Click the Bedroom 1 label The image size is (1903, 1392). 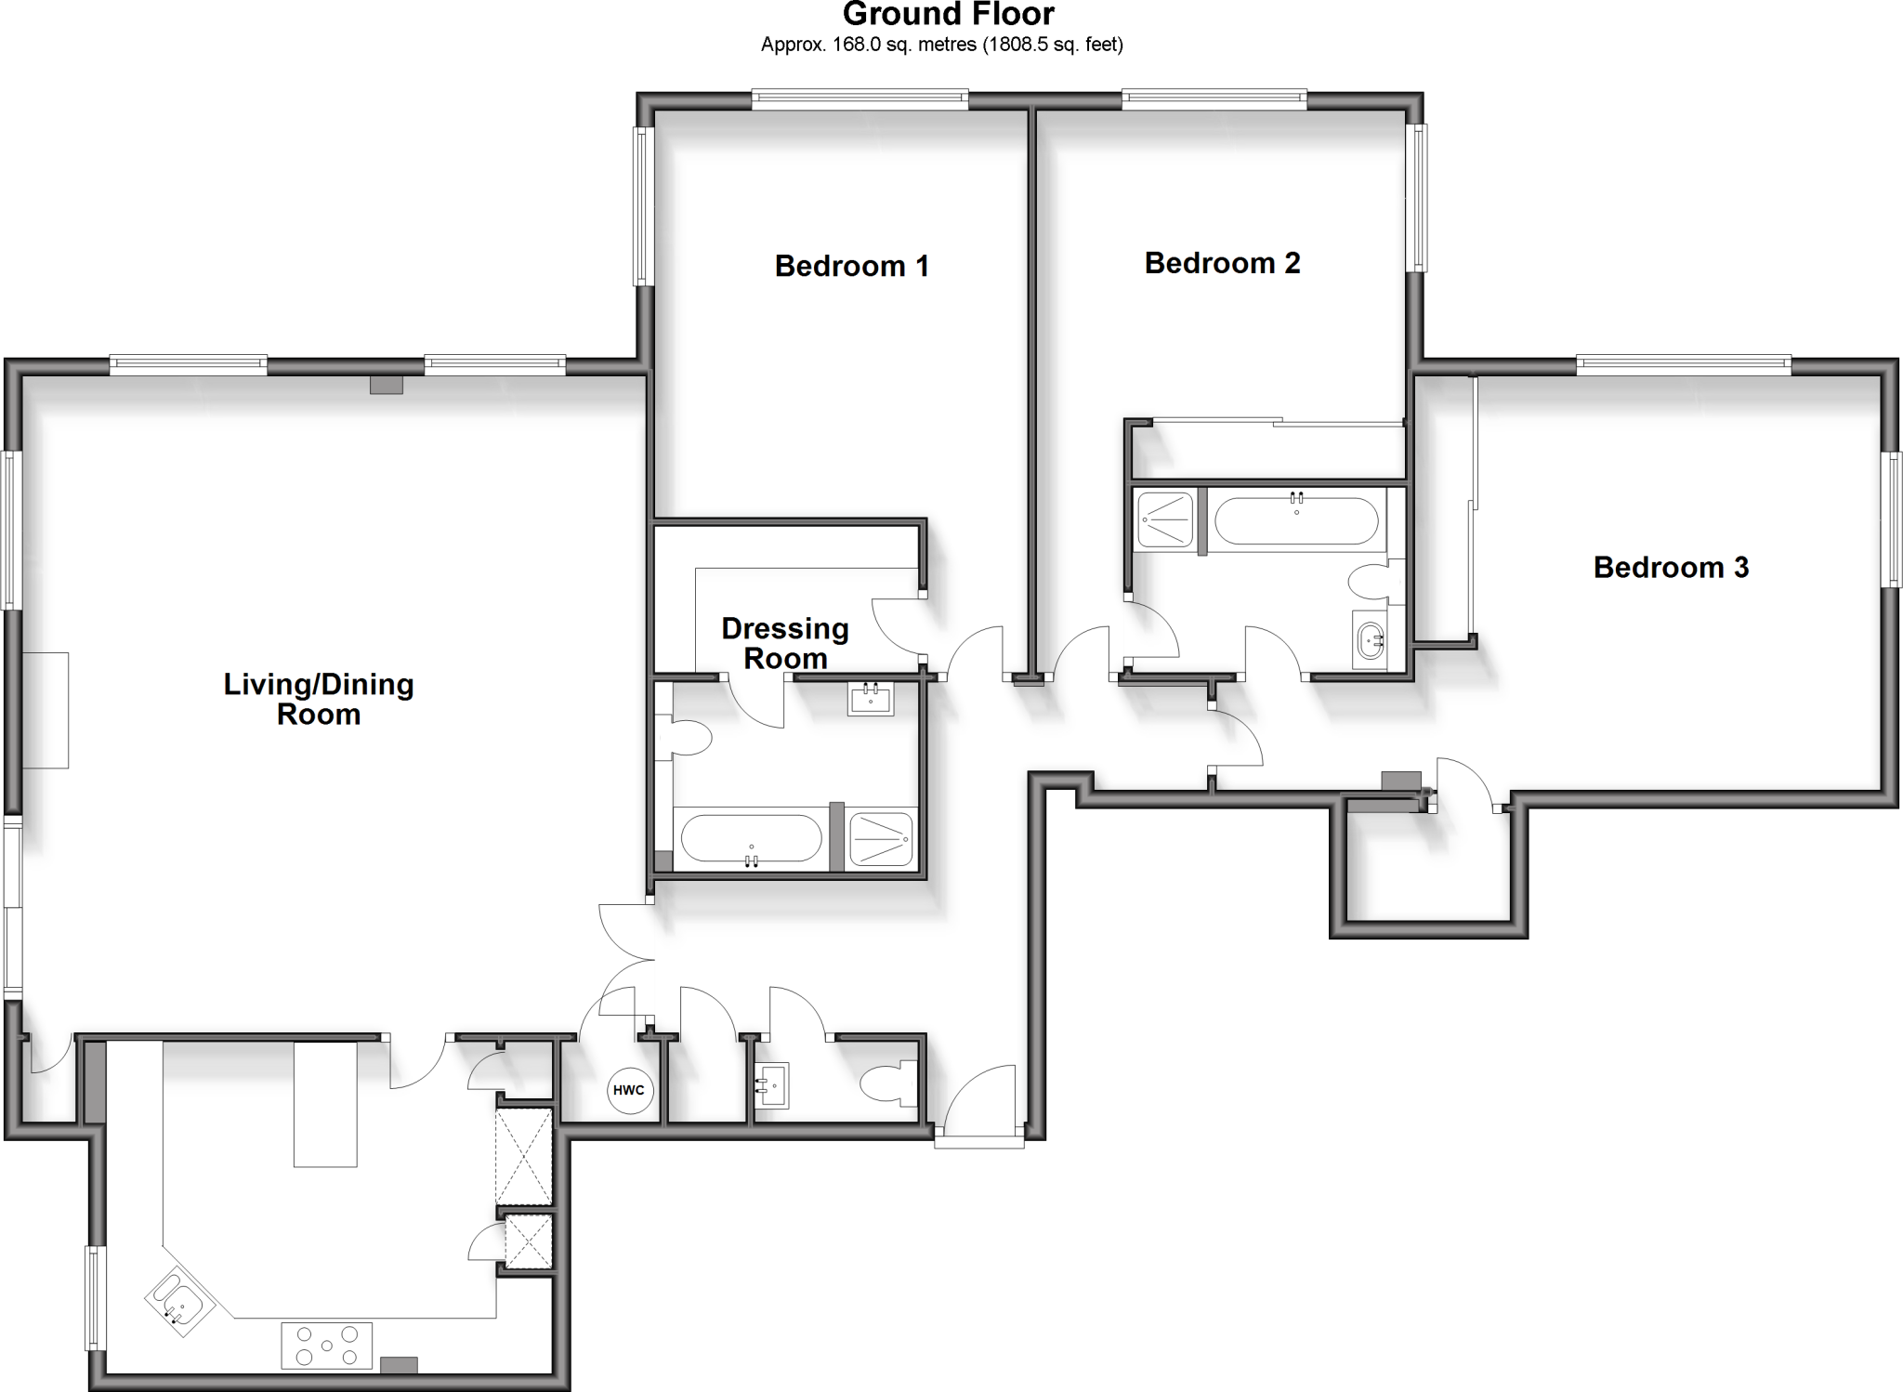[x=851, y=267]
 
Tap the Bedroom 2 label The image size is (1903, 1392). [x=1221, y=264]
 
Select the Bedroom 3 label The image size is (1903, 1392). [x=1670, y=568]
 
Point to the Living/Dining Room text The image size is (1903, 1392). [x=318, y=699]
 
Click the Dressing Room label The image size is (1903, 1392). [x=785, y=643]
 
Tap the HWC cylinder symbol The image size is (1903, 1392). [x=630, y=1090]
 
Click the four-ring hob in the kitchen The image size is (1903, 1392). [x=326, y=1345]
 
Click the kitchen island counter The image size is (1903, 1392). [x=325, y=1103]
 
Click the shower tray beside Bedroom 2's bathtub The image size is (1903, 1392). [x=1164, y=519]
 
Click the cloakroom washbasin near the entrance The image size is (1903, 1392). [x=771, y=1085]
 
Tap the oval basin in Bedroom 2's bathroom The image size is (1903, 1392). [x=1370, y=639]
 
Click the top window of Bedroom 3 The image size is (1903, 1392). [x=1683, y=365]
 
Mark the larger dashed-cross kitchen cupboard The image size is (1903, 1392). [x=524, y=1156]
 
